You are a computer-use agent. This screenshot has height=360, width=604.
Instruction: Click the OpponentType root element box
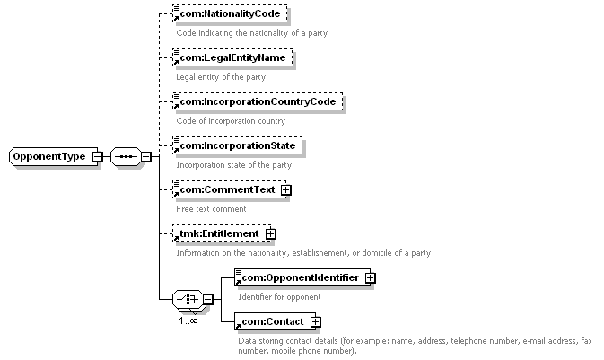[48, 157]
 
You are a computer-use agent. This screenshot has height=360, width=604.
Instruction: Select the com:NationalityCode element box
[230, 15]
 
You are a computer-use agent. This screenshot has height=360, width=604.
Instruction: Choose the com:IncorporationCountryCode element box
[257, 102]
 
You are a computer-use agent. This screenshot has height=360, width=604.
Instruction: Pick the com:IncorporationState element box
[236, 145]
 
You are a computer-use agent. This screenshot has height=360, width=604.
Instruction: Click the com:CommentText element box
[224, 189]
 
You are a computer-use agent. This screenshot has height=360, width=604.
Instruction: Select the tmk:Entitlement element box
[219, 233]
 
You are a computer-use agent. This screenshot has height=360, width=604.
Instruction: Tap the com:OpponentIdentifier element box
[300, 277]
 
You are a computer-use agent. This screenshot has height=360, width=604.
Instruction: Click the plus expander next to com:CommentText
[286, 189]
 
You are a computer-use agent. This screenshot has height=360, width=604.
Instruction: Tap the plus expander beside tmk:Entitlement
[270, 233]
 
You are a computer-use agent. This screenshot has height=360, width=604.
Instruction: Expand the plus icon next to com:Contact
[315, 321]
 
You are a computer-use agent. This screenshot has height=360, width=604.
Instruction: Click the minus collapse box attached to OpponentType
[97, 157]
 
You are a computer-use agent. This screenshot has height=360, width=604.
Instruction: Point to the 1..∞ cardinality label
[188, 320]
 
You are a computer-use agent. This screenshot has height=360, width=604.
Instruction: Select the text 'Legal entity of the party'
[221, 77]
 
